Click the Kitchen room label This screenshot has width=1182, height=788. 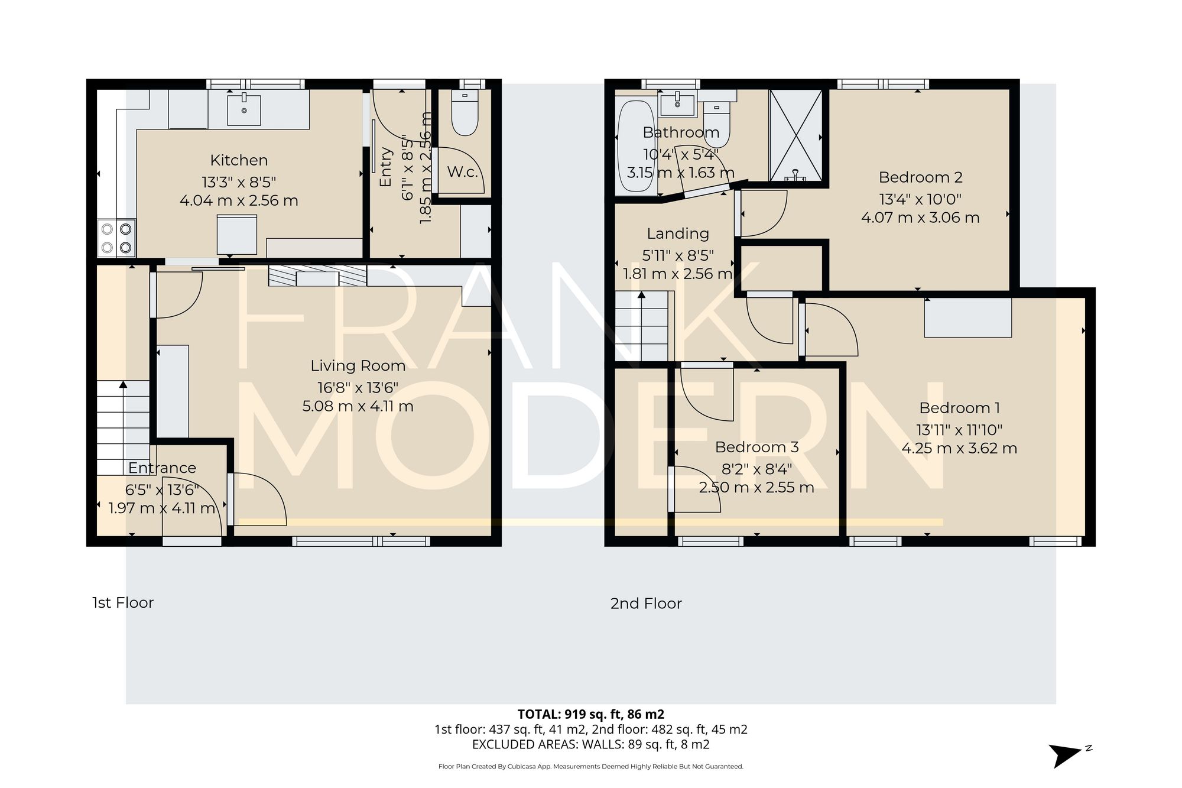coord(239,160)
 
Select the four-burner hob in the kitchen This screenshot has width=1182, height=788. coord(116,238)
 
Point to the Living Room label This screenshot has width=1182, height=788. coord(358,366)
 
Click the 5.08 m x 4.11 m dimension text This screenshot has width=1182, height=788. coord(358,406)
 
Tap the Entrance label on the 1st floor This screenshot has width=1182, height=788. coord(162,468)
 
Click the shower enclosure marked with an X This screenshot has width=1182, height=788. coord(795,135)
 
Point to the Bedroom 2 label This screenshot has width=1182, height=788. coord(920,177)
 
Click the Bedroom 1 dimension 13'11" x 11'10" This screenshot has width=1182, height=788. coord(959,430)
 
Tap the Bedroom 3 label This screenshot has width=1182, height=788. coord(756,447)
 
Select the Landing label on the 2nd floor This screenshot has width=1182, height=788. coord(677,234)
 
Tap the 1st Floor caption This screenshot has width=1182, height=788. coord(123,603)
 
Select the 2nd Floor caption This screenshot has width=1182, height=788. coord(646,604)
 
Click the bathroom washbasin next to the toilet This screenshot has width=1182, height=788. coord(677,105)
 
